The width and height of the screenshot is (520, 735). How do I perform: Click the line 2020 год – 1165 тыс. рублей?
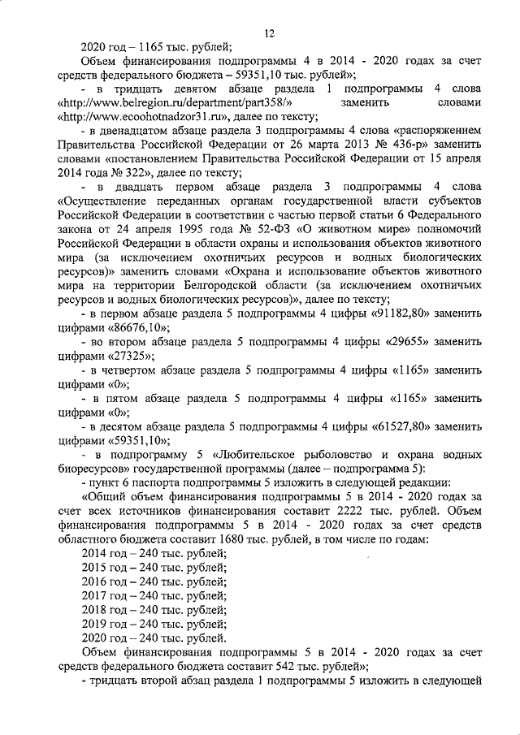coord(157,46)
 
